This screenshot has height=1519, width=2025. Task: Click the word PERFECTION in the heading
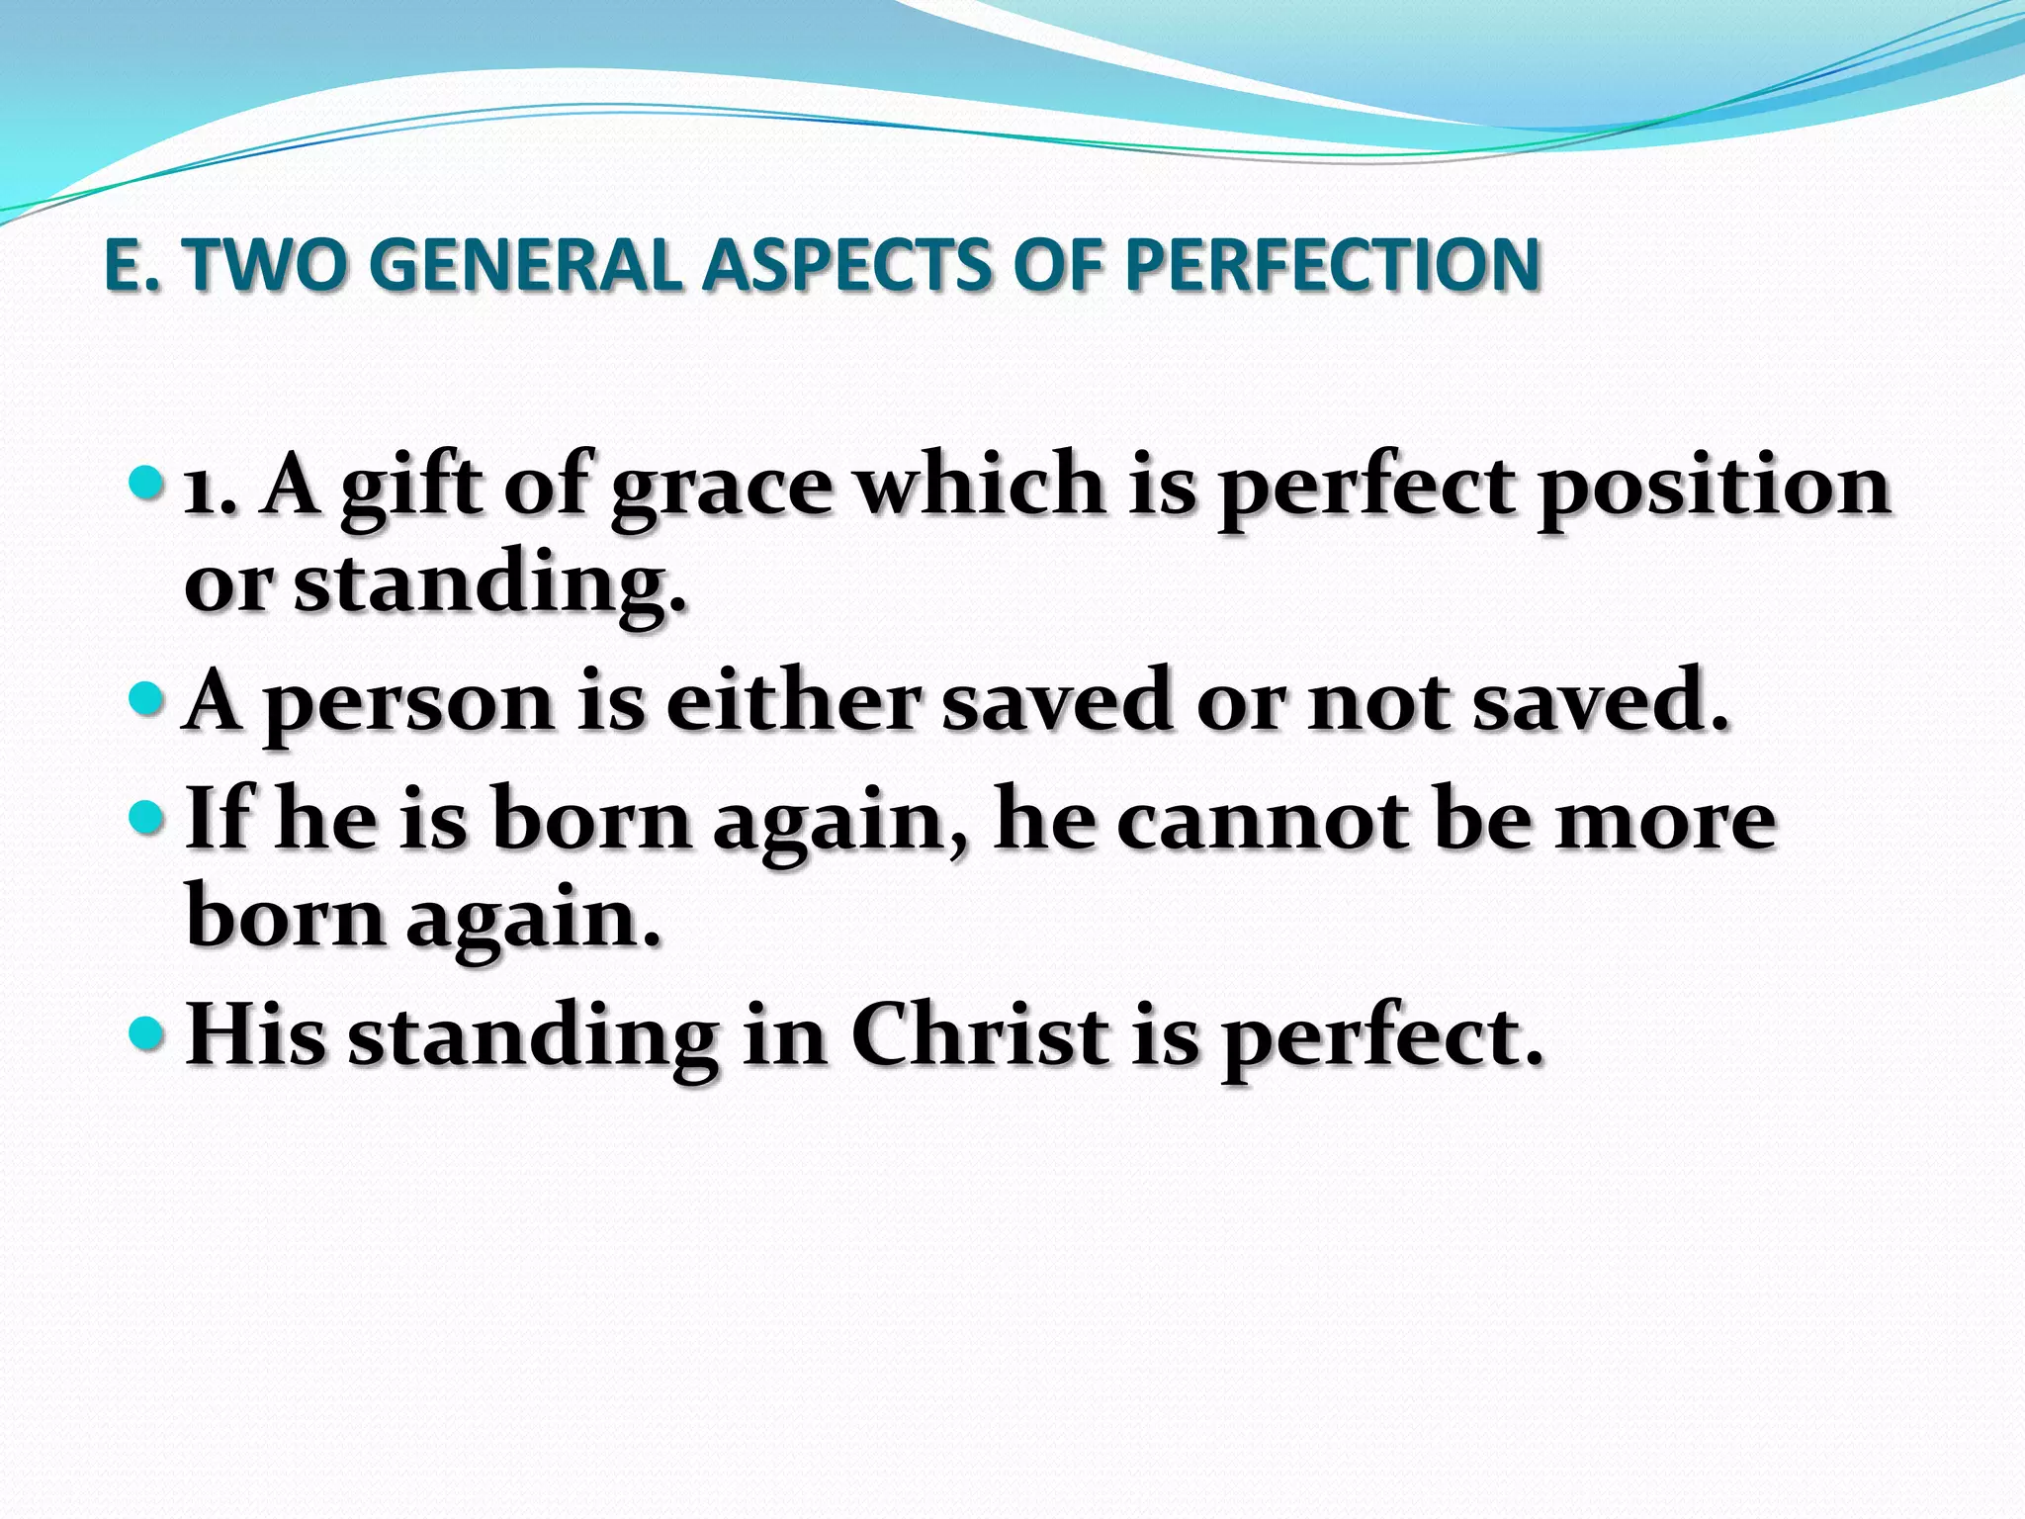[x=1332, y=265]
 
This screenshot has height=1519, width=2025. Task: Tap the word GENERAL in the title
[x=526, y=265]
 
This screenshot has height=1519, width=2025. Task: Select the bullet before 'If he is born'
[x=145, y=817]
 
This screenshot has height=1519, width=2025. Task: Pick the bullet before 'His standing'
[x=145, y=1034]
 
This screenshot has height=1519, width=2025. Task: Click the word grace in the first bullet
[x=721, y=489]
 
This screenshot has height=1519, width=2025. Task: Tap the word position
[x=1714, y=489]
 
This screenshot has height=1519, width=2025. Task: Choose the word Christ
[x=979, y=1036]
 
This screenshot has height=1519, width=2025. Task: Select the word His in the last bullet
[x=255, y=1036]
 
